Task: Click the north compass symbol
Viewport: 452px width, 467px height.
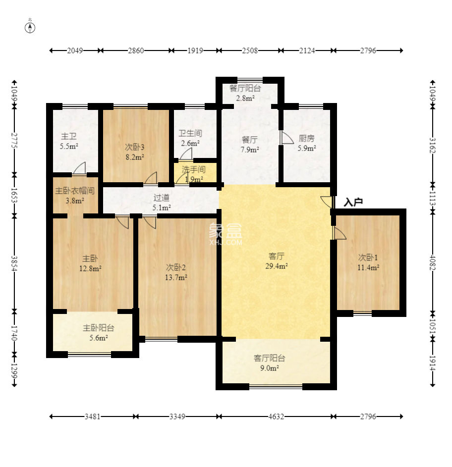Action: coord(30,27)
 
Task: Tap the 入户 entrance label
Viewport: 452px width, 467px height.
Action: coord(353,202)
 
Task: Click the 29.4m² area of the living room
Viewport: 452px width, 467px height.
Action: coord(277,266)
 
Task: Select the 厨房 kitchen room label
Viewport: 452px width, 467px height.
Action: coord(306,138)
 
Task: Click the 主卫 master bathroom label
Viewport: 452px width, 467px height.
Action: coord(69,136)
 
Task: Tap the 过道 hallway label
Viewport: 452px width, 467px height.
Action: coord(161,198)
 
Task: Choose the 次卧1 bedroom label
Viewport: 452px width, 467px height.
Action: coord(368,258)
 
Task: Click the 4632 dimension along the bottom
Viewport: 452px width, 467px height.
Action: coord(276,416)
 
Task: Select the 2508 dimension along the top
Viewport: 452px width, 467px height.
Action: coord(250,51)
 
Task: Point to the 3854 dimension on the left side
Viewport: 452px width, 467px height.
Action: coord(14,263)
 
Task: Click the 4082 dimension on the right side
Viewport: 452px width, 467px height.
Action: coord(433,262)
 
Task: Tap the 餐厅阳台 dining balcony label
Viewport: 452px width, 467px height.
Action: coord(245,88)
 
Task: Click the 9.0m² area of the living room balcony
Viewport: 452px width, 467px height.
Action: coord(270,368)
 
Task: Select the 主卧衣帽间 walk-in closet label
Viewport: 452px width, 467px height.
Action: coord(75,191)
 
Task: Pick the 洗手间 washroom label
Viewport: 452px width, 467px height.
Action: coord(193,170)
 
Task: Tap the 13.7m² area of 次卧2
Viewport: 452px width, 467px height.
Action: coord(176,278)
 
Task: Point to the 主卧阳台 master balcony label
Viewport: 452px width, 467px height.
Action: coord(99,328)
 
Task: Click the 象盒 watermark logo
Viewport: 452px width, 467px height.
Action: coord(226,234)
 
